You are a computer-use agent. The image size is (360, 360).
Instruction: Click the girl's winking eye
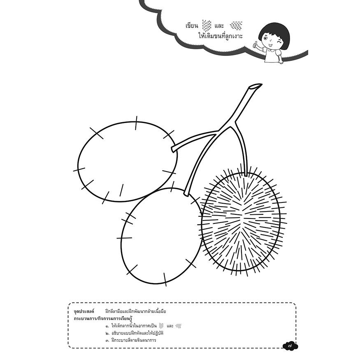[x=279, y=42]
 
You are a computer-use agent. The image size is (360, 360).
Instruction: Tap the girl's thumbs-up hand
[x=255, y=45]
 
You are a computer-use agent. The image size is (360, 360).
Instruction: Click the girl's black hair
[x=270, y=31]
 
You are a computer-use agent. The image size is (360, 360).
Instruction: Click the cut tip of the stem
[x=255, y=86]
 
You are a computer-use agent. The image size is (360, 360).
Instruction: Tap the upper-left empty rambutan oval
[x=128, y=162]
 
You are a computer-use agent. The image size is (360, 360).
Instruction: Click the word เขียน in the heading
[x=191, y=26]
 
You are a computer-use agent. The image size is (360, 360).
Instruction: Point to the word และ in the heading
[x=219, y=26]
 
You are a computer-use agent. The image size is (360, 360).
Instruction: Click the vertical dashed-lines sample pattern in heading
[x=207, y=25]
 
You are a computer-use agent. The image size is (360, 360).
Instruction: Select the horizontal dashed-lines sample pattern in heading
[x=236, y=26]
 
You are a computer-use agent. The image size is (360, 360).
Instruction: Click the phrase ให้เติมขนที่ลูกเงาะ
[x=221, y=36]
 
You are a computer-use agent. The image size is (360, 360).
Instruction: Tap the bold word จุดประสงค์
[x=84, y=311]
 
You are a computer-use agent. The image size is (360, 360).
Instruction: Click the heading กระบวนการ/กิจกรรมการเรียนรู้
[x=104, y=318]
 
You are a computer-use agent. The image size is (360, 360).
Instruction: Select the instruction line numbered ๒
[x=135, y=333]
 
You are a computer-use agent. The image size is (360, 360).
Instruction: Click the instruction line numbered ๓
[x=131, y=340]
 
